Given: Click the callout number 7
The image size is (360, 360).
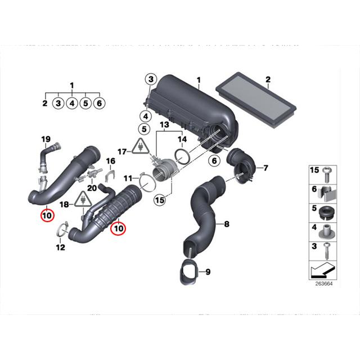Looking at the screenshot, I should [x=266, y=168].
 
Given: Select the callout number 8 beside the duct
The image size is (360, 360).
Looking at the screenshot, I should [x=227, y=224].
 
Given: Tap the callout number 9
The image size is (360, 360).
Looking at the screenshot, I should [x=208, y=273].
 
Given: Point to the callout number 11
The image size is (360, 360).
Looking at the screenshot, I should [x=128, y=178].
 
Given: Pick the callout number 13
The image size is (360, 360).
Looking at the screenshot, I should [x=164, y=124].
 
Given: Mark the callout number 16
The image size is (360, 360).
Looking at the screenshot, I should [x=111, y=161].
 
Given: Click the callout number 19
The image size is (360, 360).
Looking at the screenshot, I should [x=46, y=139].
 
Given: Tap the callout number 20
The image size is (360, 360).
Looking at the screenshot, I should [x=92, y=187].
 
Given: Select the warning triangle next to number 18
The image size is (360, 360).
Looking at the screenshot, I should [x=84, y=198].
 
